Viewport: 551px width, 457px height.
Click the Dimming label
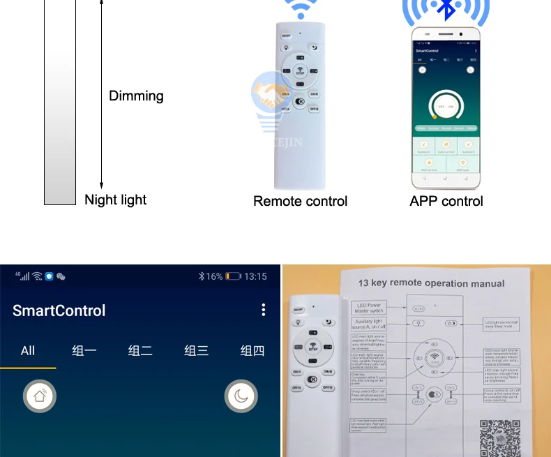tap(136, 96)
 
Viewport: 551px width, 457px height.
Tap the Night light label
tap(115, 200)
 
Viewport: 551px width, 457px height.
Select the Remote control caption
tap(300, 202)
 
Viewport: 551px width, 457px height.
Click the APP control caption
tap(446, 202)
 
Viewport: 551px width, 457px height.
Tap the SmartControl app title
tap(59, 310)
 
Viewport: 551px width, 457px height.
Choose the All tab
tap(28, 351)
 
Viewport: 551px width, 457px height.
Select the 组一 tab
tap(84, 351)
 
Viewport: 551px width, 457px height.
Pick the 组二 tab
tap(140, 351)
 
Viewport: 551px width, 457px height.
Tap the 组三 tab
tap(196, 351)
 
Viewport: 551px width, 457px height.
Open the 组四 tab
tap(252, 351)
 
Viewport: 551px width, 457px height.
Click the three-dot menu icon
tap(263, 310)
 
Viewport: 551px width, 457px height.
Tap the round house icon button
tap(40, 397)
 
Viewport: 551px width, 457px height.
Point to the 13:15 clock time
tap(255, 276)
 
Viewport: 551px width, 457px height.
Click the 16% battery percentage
tap(213, 276)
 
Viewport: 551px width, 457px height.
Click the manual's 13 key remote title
tap(431, 283)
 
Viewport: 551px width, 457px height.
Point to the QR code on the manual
tap(500, 437)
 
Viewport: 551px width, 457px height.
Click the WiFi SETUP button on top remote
tap(301, 71)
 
